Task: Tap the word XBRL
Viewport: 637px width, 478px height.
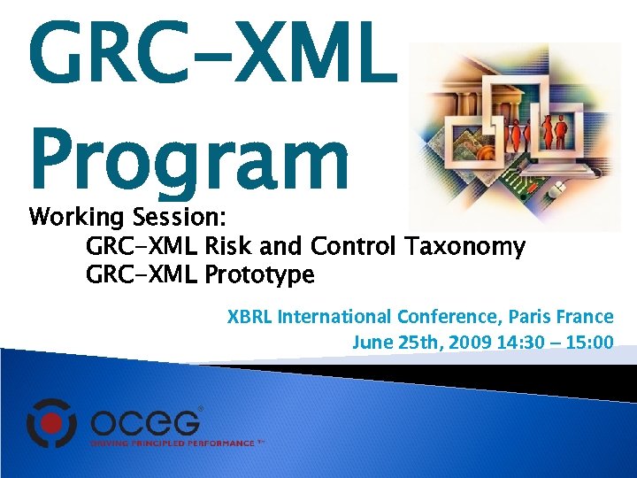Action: tap(249, 316)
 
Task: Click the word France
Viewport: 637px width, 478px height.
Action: tap(590, 316)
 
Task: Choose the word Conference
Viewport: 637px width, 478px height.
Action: tap(449, 316)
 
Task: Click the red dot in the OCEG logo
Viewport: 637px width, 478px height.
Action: tap(54, 420)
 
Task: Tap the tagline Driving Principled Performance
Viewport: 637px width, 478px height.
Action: tap(173, 442)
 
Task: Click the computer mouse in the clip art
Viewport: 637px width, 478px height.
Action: tap(555, 189)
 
